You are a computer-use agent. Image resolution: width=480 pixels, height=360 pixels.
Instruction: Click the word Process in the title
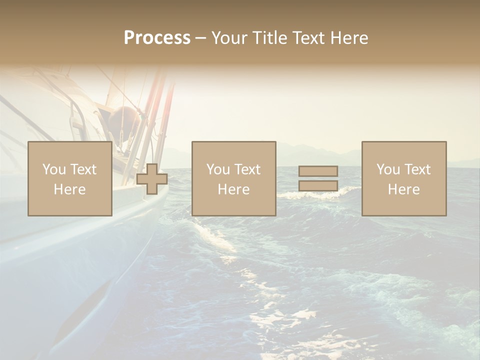(x=157, y=38)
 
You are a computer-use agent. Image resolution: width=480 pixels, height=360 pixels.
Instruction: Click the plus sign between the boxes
(x=152, y=179)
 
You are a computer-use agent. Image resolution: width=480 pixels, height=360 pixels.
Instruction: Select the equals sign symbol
(x=318, y=178)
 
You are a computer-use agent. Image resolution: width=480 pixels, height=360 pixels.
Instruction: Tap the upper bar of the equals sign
(x=318, y=171)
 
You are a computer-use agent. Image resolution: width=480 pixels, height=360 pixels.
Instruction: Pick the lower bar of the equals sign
(x=318, y=186)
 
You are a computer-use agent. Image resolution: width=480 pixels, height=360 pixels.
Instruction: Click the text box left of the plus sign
(x=69, y=178)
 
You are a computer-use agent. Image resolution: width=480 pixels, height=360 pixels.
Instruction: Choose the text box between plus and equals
(x=233, y=178)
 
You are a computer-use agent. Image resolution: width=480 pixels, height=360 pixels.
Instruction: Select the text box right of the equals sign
(x=404, y=178)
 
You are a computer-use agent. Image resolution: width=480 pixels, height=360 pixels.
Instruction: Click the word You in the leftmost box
(x=53, y=169)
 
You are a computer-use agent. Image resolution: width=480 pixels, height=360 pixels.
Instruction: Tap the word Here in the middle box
(x=233, y=189)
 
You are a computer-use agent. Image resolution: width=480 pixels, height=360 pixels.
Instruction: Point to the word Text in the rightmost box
(x=417, y=169)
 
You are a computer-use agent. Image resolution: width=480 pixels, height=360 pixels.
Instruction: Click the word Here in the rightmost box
(x=404, y=189)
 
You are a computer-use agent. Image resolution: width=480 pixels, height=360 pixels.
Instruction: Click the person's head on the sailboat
(x=123, y=119)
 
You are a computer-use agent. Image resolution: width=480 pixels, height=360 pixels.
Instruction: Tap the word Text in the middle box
(x=247, y=169)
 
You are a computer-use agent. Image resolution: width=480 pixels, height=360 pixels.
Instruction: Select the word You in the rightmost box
(x=388, y=169)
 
